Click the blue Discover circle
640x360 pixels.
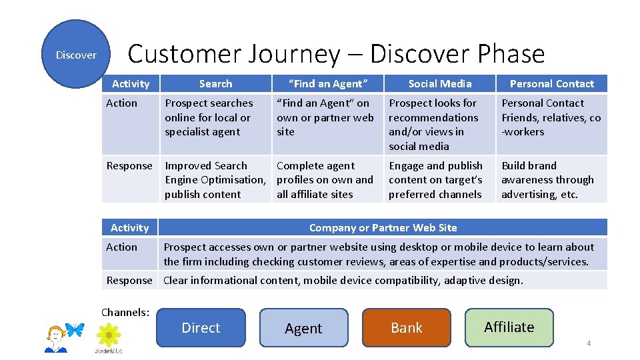[75, 55]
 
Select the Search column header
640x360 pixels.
[215, 83]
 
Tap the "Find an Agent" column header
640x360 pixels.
[327, 83]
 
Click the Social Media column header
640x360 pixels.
[439, 83]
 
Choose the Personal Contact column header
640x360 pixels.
[551, 83]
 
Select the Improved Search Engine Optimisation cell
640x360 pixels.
[215, 179]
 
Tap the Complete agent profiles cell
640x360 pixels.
[327, 179]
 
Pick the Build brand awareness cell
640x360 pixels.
[551, 179]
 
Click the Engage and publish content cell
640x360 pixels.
[439, 179]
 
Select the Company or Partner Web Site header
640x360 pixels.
[383, 227]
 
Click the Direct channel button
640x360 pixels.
[201, 327]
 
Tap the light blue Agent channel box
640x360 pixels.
[303, 328]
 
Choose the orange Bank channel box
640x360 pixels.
[407, 327]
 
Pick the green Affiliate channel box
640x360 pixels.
[509, 327]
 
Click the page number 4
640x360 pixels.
[589, 343]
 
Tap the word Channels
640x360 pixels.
[125, 311]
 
